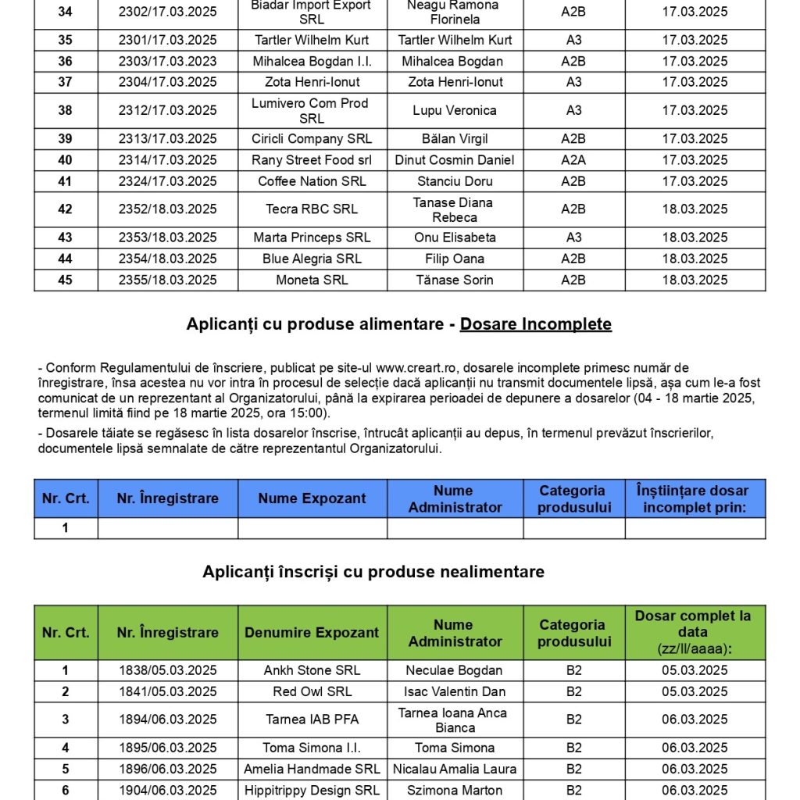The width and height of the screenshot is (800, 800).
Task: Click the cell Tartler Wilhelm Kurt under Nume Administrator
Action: coord(455,40)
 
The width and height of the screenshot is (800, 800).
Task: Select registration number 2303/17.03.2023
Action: coord(167,61)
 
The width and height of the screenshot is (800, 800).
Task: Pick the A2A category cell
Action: coord(573,160)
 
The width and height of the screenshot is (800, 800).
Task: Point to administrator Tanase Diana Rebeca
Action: coord(455,209)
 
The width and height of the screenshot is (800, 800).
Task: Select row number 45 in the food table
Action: coord(66,280)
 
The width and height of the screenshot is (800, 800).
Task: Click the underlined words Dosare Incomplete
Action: coord(535,323)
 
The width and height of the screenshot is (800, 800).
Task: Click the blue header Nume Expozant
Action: coord(312,498)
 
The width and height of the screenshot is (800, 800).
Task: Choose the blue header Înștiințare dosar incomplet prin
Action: coord(695,498)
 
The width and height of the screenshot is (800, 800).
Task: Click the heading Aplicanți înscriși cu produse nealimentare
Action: coord(373,572)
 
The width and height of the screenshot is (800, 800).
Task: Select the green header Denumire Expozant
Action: coord(312,633)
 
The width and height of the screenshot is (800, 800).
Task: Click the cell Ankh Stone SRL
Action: coord(312,670)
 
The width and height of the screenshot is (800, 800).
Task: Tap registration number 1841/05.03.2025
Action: coord(167,691)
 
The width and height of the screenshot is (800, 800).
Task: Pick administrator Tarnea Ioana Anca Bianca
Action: coord(455,720)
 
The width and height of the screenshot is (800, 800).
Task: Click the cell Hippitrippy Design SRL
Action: coord(312,790)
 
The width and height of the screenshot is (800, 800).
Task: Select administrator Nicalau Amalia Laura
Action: coord(455,769)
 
